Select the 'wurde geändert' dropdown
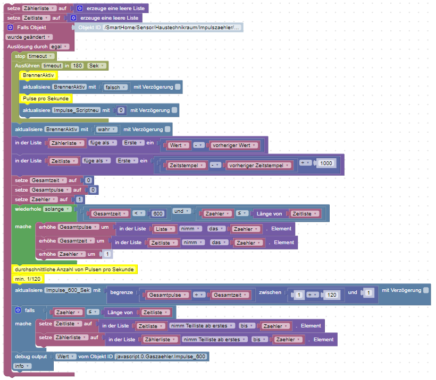click(x=29, y=37)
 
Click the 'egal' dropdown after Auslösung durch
click(x=59, y=46)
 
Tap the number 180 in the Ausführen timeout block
click(x=77, y=65)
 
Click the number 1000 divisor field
click(x=326, y=163)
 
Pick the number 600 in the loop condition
click(x=157, y=213)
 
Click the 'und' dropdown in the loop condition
click(x=180, y=211)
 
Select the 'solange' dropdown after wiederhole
click(x=57, y=209)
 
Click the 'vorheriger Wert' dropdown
click(x=233, y=145)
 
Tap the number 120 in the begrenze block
click(x=331, y=294)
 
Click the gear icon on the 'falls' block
click(x=18, y=310)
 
